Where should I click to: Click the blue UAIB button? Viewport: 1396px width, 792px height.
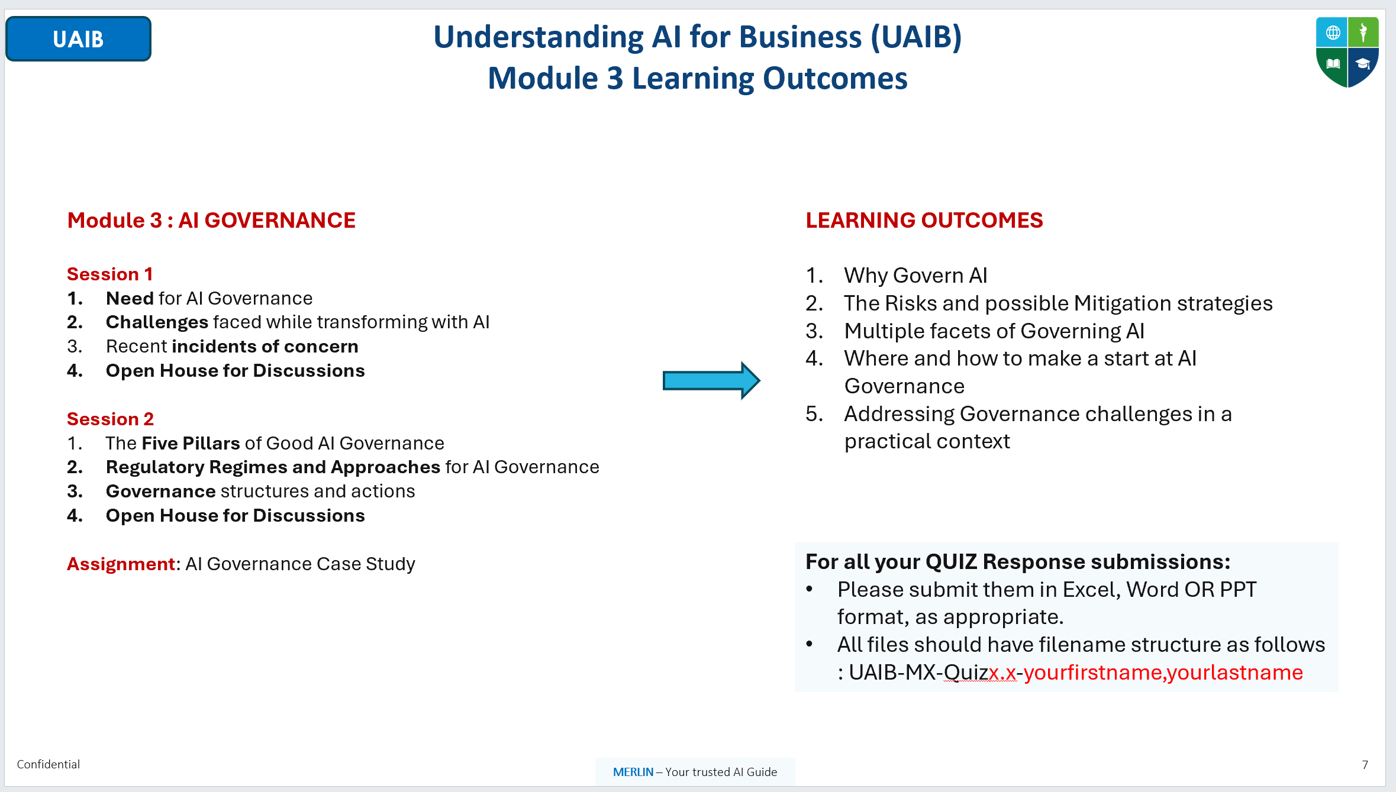tap(78, 39)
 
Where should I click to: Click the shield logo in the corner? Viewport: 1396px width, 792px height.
tap(1347, 52)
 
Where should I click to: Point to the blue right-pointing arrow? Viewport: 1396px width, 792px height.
tap(711, 380)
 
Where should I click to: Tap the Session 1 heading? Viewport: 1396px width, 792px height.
tap(110, 274)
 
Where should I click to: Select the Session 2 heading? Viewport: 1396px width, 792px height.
tap(110, 419)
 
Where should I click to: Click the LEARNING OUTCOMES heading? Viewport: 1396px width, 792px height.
tap(924, 220)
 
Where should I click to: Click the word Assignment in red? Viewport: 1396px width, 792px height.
tap(121, 564)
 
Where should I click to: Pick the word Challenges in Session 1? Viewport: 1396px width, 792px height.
tap(157, 322)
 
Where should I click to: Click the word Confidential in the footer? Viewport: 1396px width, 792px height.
tap(49, 764)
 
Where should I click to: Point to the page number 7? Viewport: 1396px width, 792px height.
tap(1365, 765)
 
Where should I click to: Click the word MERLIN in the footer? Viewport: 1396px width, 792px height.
tap(633, 772)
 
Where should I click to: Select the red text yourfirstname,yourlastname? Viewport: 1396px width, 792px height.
tap(1163, 673)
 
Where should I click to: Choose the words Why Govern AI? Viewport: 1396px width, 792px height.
tap(915, 276)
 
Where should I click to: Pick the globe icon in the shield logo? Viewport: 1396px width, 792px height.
tap(1333, 33)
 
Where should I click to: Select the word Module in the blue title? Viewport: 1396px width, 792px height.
tap(543, 78)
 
